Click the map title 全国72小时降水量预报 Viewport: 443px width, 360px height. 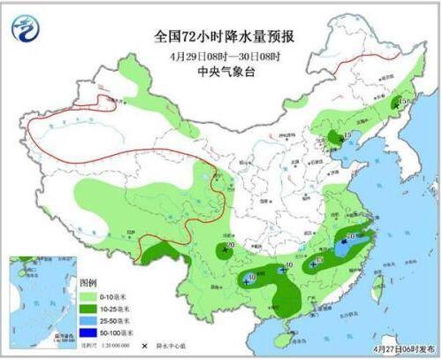[x=224, y=36]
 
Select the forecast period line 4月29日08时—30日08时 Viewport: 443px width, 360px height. [x=224, y=57]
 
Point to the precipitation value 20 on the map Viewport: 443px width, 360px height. [x=231, y=245]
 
